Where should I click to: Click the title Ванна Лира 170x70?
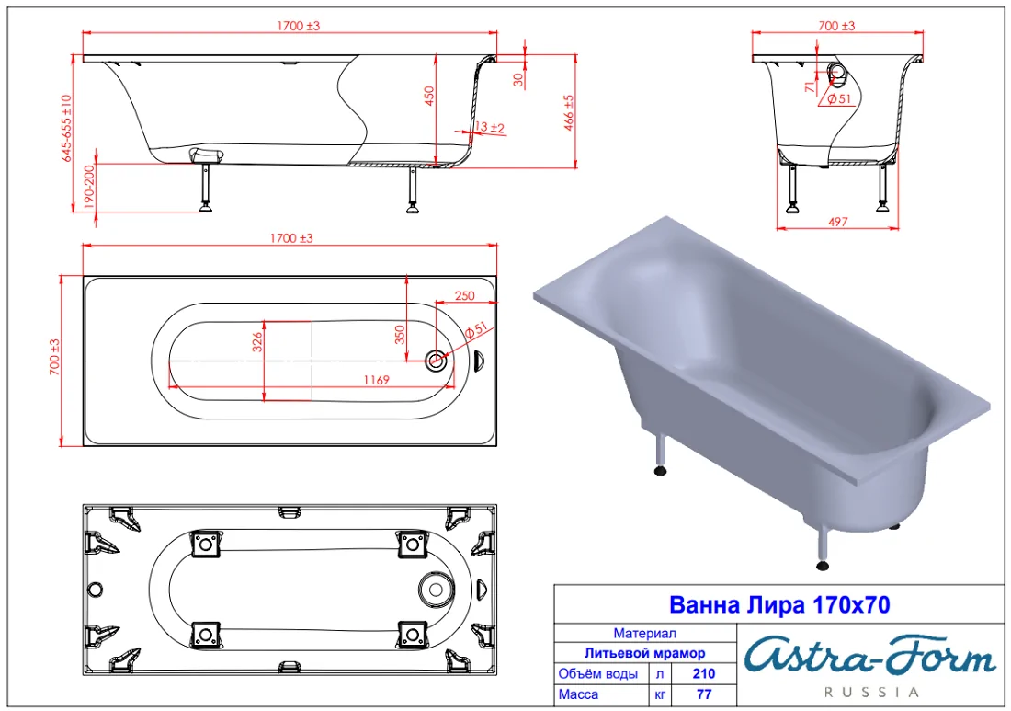tap(779, 605)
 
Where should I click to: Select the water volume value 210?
tap(703, 673)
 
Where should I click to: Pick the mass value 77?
tap(703, 694)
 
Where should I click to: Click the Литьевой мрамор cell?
tap(645, 653)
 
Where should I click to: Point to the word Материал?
tap(645, 634)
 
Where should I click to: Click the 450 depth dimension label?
tap(429, 97)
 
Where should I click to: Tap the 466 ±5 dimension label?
tap(569, 113)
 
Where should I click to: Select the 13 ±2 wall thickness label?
tap(489, 128)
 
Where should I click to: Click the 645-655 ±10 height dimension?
tap(67, 128)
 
